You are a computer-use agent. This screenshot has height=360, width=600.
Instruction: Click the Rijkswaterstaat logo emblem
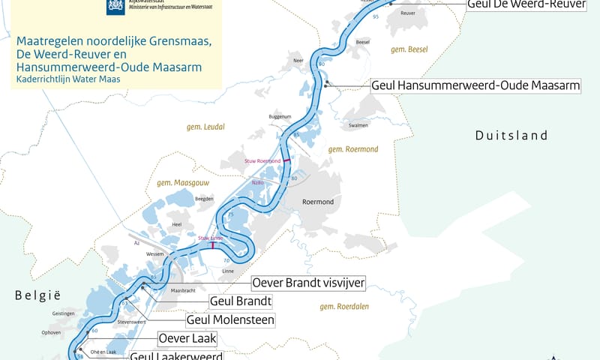click(114, 7)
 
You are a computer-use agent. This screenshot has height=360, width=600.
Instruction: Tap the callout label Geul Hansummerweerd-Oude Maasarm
click(475, 85)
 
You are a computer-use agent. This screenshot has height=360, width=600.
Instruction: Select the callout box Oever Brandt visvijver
click(307, 283)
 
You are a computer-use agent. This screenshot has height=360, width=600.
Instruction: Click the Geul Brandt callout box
click(240, 301)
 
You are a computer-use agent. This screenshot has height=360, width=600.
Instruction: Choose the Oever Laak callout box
click(187, 339)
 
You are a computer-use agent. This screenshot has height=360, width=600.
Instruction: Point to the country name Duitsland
click(511, 136)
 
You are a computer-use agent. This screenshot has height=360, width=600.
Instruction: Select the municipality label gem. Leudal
click(204, 128)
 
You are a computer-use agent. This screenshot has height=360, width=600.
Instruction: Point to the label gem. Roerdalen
click(345, 306)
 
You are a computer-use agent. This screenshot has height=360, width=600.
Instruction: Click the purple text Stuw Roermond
click(262, 161)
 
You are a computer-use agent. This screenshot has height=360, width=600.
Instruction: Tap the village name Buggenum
click(278, 117)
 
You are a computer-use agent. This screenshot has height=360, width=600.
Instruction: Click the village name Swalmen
click(358, 125)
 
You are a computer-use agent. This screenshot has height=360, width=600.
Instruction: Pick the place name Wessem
click(155, 254)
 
